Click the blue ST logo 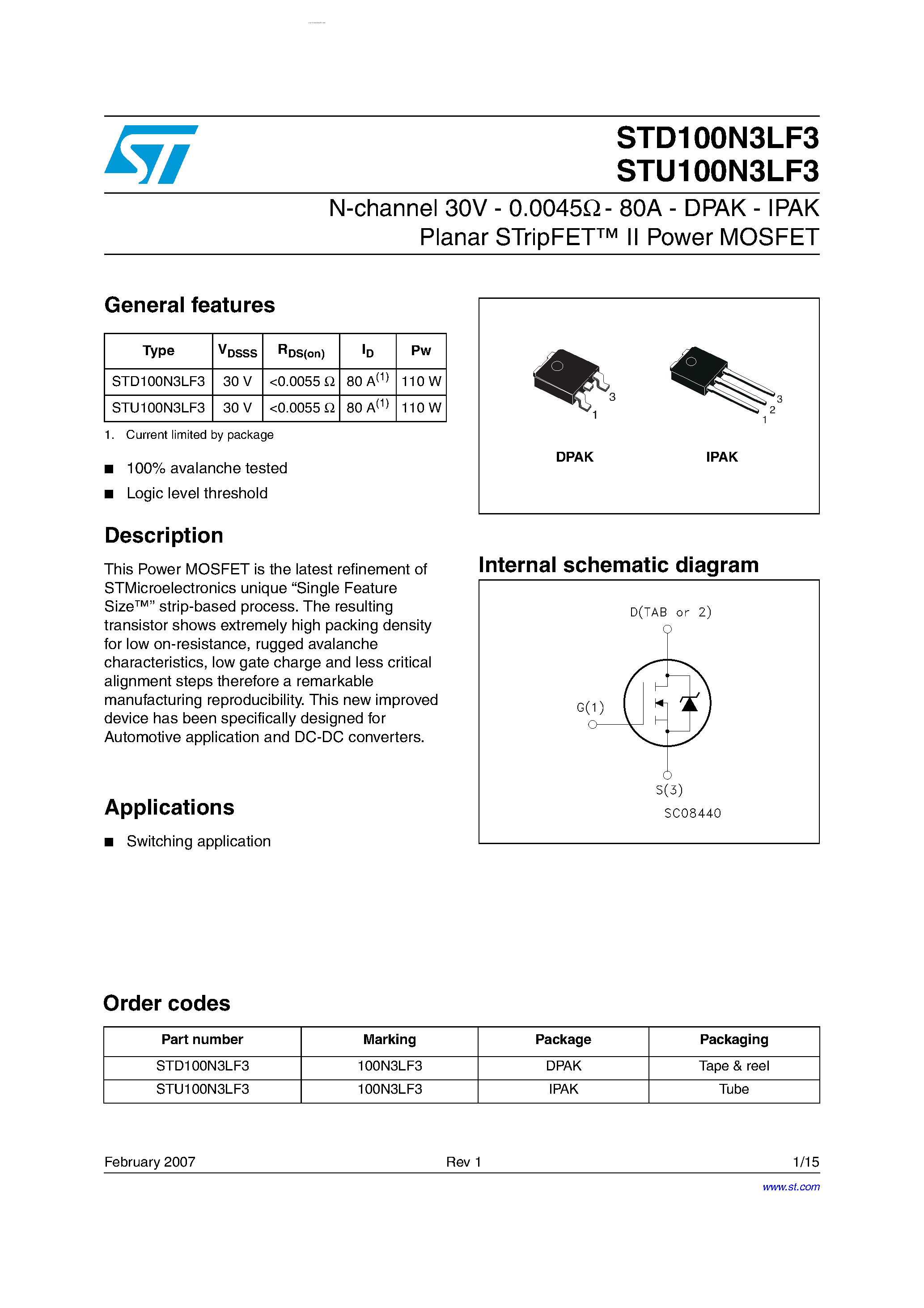point(151,154)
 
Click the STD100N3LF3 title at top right point(717,138)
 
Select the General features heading point(190,306)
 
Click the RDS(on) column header point(301,351)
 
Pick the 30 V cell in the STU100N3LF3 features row point(237,408)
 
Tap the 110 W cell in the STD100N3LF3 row point(421,382)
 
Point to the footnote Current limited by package point(199,435)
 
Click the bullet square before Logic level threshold point(110,494)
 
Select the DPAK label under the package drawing point(574,457)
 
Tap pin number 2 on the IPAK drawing point(772,410)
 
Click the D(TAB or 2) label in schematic point(670,612)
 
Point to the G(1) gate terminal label point(589,708)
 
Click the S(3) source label point(669,790)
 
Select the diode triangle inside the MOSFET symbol point(689,705)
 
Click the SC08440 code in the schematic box point(692,814)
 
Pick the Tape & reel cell point(734,1066)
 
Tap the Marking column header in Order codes point(390,1040)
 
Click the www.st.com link point(791,1187)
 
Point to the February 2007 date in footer point(150,1162)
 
